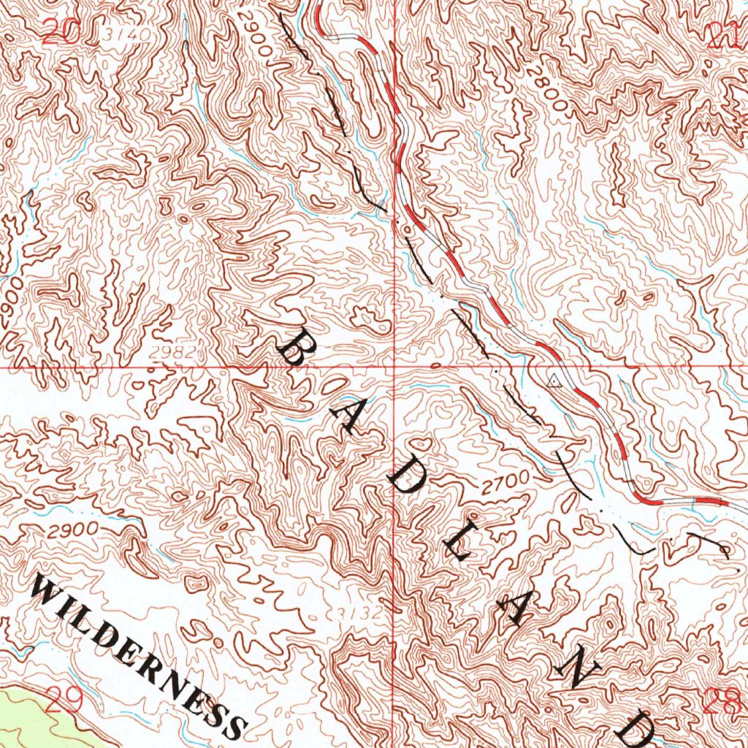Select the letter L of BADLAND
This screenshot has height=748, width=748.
click(x=458, y=543)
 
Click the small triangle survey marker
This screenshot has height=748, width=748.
click(x=554, y=379)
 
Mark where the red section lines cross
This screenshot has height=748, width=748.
click(x=394, y=367)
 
